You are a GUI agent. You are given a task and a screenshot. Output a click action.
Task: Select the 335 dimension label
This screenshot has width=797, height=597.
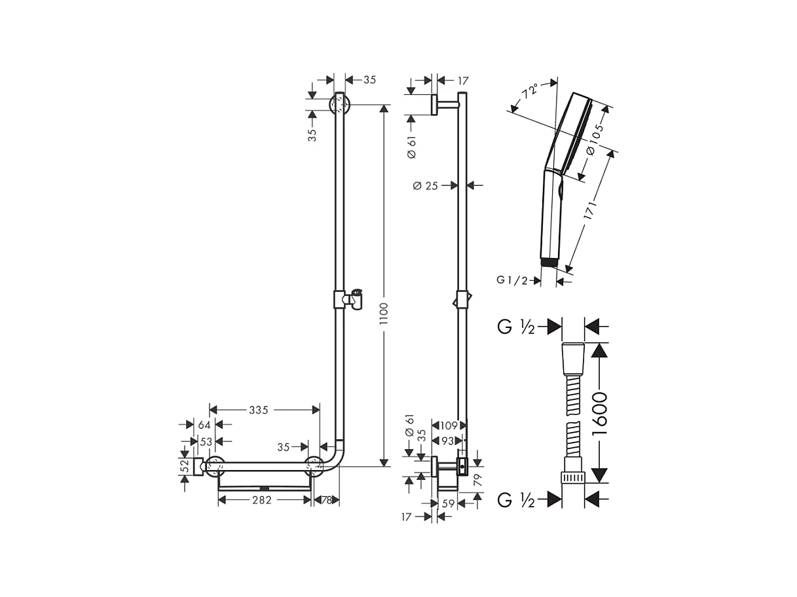click(x=259, y=410)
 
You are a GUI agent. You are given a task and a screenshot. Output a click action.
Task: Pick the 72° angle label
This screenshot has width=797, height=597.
click(x=529, y=90)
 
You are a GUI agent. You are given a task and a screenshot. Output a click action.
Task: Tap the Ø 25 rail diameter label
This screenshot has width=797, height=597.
click(x=425, y=186)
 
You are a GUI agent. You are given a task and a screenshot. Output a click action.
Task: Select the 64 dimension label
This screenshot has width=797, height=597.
click(x=204, y=425)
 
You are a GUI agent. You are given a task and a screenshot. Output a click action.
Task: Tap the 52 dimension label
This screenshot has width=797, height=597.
click(x=185, y=466)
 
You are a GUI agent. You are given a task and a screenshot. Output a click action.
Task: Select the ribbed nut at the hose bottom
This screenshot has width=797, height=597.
click(x=573, y=475)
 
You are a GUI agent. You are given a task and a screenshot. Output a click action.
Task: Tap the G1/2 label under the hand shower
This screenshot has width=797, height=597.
click(x=512, y=280)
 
